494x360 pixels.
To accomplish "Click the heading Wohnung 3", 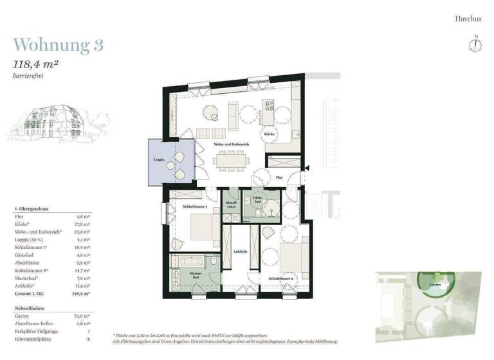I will [x=59, y=45].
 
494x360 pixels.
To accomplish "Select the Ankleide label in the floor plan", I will [x=240, y=251].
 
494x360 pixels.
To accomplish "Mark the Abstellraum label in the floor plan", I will [x=231, y=204].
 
